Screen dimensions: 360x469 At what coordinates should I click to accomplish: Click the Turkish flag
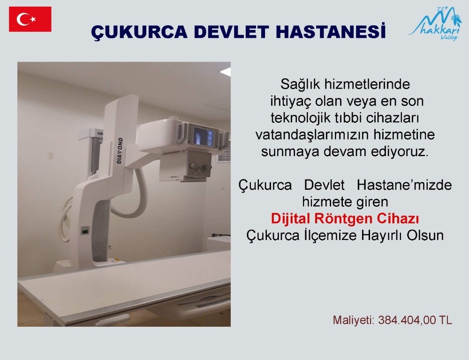tap(30, 19)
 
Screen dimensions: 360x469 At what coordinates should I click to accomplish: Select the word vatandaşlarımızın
tap(319, 135)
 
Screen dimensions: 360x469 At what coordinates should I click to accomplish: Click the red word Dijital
tap(291, 219)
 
